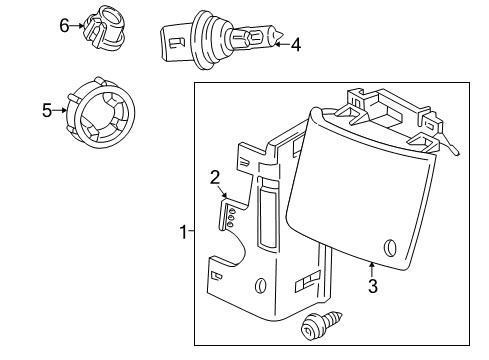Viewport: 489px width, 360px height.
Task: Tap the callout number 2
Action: point(214,178)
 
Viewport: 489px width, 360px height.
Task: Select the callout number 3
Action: point(371,286)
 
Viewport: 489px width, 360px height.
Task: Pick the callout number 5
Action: point(45,111)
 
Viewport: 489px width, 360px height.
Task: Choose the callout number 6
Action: point(64,25)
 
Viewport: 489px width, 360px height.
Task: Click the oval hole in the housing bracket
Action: point(261,286)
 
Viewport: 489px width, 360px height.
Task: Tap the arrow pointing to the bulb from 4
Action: point(281,43)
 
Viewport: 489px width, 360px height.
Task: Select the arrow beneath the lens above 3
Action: point(371,268)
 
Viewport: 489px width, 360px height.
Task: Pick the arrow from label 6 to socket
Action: point(79,26)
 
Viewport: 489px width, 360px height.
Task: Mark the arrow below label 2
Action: point(224,195)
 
